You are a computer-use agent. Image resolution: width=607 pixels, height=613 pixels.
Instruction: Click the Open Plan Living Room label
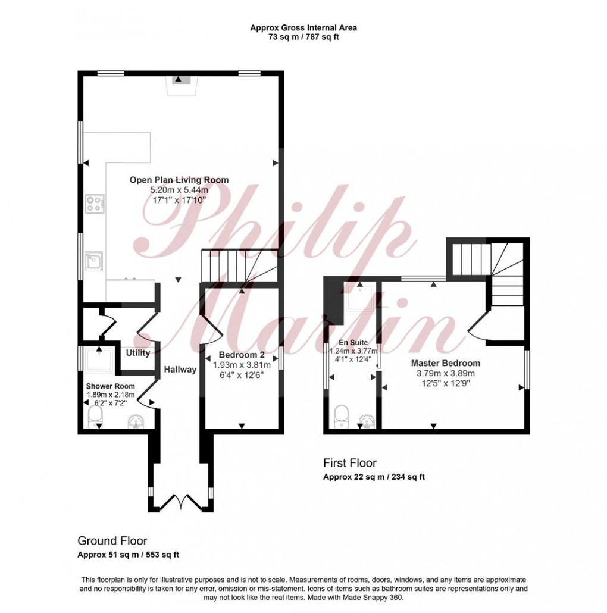click(x=180, y=180)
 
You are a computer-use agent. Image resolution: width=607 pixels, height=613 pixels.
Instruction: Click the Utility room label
click(x=137, y=353)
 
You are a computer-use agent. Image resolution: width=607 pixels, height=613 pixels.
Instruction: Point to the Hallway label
click(x=180, y=370)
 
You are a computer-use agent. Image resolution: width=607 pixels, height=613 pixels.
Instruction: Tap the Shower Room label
click(x=112, y=386)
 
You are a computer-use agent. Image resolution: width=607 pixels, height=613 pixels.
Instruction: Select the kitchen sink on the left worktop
click(x=93, y=261)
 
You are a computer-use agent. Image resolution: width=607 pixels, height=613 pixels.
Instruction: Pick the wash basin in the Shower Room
click(x=136, y=422)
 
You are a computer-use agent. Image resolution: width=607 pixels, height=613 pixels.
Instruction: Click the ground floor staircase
click(x=238, y=265)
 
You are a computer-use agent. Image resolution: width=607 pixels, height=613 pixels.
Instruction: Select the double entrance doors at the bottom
click(x=182, y=501)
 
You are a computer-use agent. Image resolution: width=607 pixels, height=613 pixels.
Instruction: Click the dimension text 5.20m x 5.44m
click(x=180, y=190)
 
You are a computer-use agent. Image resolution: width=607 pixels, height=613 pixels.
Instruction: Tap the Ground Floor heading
click(x=112, y=540)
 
